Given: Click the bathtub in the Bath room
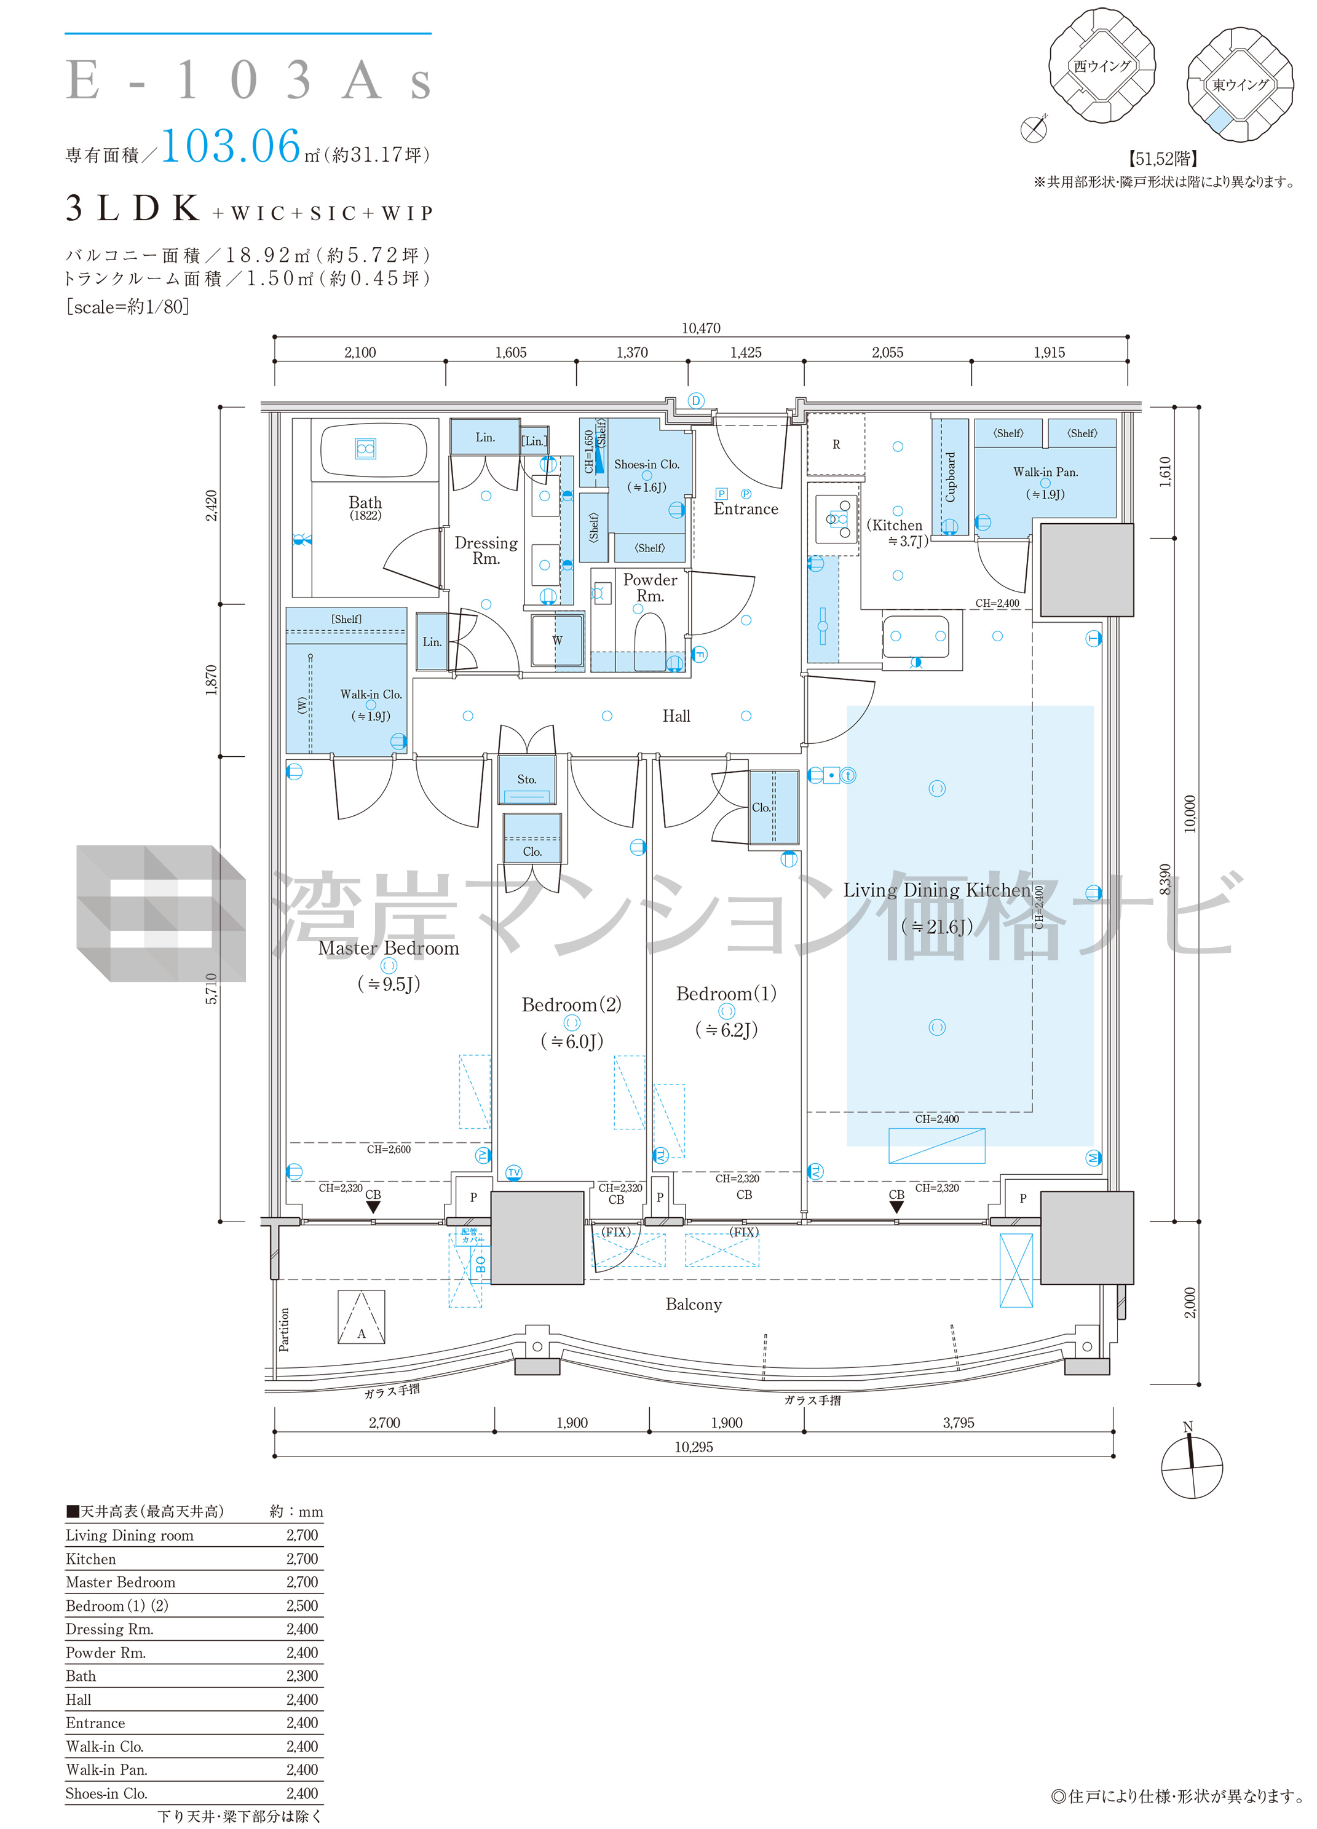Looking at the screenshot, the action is pyautogui.click(x=373, y=449).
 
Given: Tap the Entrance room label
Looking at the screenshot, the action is pyautogui.click(x=745, y=509).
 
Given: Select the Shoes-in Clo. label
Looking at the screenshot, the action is pyautogui.click(x=647, y=465).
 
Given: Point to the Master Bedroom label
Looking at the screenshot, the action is pyautogui.click(x=389, y=949).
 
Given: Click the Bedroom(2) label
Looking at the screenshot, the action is pyautogui.click(x=572, y=1005).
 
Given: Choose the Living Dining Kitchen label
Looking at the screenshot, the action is pyautogui.click(x=937, y=890).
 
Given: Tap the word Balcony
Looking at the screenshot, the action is pyautogui.click(x=694, y=1305).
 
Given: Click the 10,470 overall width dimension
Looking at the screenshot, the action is pyautogui.click(x=701, y=328).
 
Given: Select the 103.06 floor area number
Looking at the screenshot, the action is pyautogui.click(x=231, y=147).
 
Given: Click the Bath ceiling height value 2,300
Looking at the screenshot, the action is pyautogui.click(x=303, y=1676).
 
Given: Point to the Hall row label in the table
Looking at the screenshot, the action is pyautogui.click(x=78, y=1699).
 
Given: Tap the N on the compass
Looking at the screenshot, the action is pyautogui.click(x=1187, y=1426).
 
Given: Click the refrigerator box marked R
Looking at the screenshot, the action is pyautogui.click(x=836, y=444).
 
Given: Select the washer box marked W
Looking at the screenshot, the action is pyautogui.click(x=557, y=641).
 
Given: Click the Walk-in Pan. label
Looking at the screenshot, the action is pyautogui.click(x=1045, y=472).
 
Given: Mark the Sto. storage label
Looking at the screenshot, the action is pyautogui.click(x=527, y=779).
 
